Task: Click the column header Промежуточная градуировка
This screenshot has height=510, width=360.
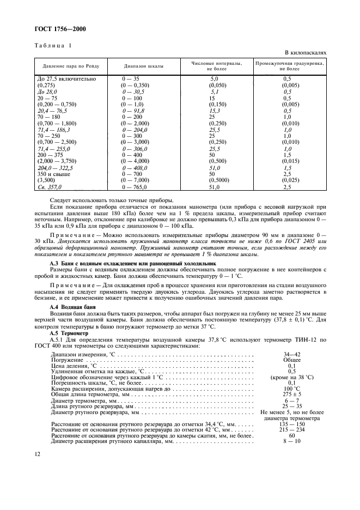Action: point(290,66)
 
